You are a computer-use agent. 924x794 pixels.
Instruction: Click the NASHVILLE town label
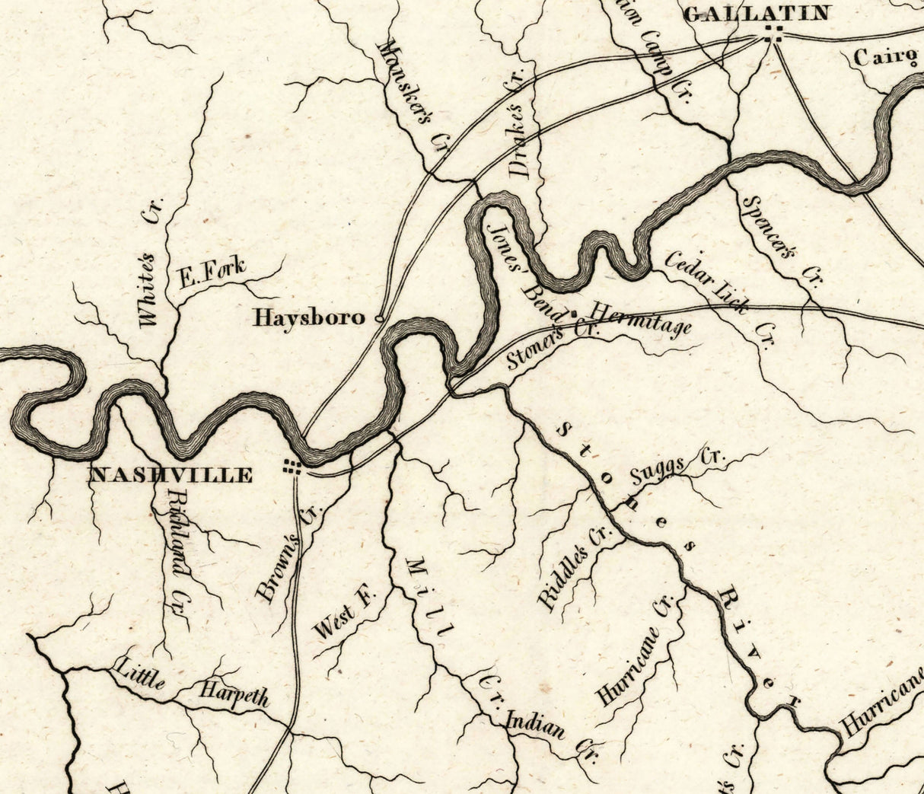[x=171, y=476]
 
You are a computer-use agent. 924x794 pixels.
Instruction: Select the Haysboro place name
[x=309, y=317]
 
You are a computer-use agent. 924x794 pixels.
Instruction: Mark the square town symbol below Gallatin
[x=774, y=31]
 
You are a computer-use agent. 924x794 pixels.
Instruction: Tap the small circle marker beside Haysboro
[x=379, y=318]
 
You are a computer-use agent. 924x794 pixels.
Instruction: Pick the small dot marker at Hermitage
[x=573, y=312]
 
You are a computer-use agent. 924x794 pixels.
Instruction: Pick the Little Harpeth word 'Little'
[x=139, y=674]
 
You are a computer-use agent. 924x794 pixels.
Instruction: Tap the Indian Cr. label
[x=553, y=734]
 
